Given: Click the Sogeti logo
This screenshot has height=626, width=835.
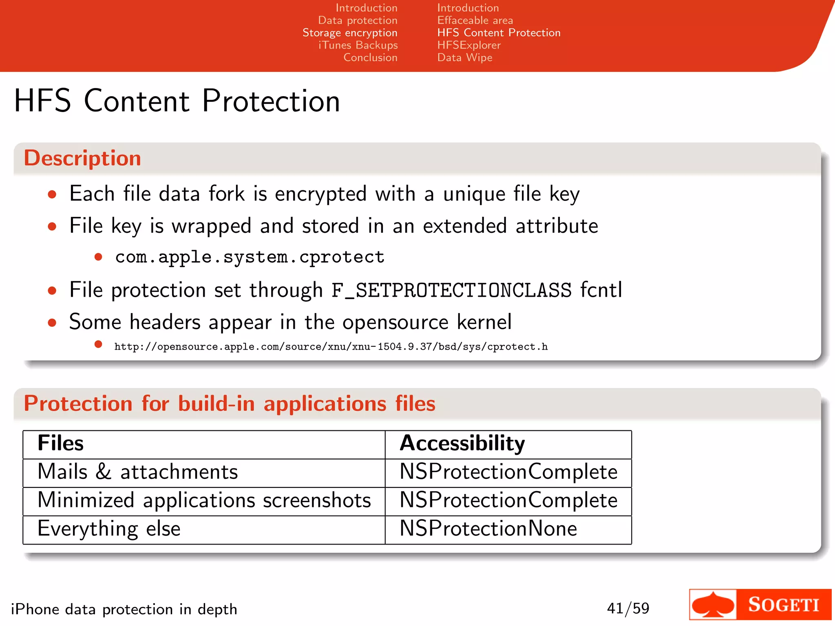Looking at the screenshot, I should (x=760, y=604).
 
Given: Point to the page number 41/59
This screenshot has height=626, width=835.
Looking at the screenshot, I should (x=628, y=608).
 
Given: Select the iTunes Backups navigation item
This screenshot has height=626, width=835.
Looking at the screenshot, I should (x=358, y=45).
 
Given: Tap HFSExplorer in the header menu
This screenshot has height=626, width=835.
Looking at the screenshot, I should (x=469, y=45).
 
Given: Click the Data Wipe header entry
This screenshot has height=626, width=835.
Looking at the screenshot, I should (x=465, y=57).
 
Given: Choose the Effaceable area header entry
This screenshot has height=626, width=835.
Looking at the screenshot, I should (x=475, y=20).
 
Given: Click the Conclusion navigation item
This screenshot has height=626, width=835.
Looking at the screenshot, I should (x=370, y=57).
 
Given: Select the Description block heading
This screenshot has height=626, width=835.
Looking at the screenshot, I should (x=82, y=158).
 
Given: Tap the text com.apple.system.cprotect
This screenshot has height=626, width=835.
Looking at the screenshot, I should (x=250, y=257).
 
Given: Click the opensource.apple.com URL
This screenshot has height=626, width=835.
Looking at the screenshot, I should (x=331, y=347).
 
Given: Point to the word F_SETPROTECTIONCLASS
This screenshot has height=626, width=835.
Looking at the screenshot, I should (x=451, y=290).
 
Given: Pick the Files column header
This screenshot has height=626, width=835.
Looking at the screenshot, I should (x=61, y=443).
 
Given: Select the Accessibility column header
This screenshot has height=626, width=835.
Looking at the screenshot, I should (x=462, y=443).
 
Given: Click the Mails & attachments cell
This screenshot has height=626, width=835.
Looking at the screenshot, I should (x=138, y=472).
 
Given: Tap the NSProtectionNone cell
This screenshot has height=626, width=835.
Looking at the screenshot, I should (x=488, y=529).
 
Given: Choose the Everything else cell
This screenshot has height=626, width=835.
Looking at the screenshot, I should (x=109, y=529).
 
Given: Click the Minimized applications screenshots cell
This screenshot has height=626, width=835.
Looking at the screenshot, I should (x=204, y=500).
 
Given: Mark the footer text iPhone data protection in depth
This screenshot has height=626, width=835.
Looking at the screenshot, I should (x=124, y=609).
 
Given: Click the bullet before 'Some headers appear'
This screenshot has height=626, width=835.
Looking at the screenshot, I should (x=52, y=323).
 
